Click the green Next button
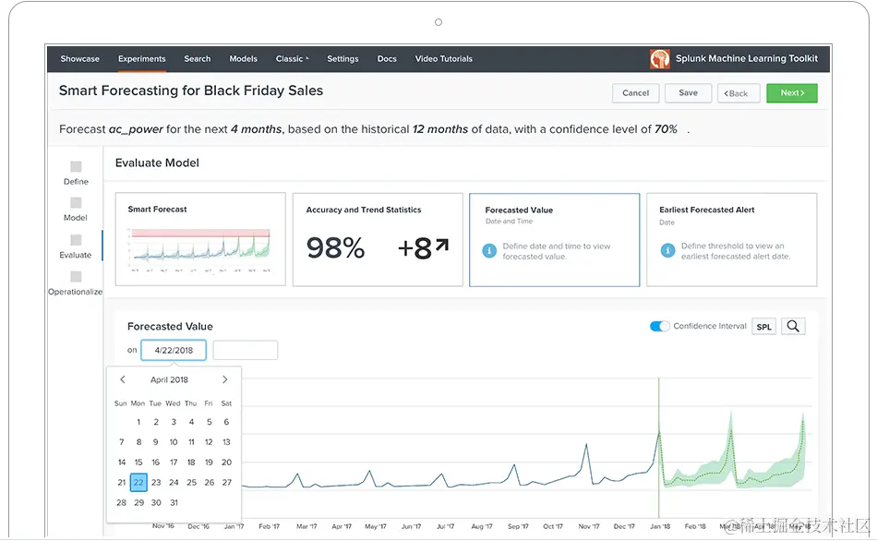click(x=791, y=93)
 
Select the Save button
click(x=688, y=93)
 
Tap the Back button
click(x=739, y=93)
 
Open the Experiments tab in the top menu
click(x=142, y=59)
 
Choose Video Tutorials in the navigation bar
click(x=443, y=59)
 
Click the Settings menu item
click(x=342, y=59)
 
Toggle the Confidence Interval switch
click(x=660, y=327)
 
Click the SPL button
click(x=763, y=327)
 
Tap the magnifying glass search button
click(x=793, y=327)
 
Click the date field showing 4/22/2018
click(x=174, y=351)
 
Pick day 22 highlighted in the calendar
click(x=138, y=482)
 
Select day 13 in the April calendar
click(x=226, y=442)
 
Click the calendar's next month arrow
click(x=224, y=379)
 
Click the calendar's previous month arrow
click(x=123, y=379)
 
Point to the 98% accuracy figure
click(x=335, y=247)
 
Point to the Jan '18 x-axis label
click(x=660, y=526)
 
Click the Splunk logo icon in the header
click(x=660, y=59)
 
